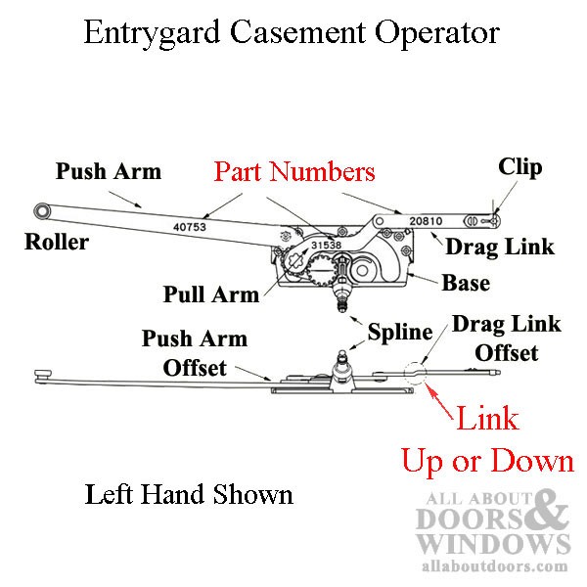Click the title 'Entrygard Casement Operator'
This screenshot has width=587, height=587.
[292, 33]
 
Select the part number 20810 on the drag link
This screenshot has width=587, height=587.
[427, 221]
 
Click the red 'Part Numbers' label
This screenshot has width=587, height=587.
[294, 173]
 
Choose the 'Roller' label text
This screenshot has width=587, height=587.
[57, 243]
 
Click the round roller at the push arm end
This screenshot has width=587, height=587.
[42, 210]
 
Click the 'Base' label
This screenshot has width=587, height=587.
[466, 284]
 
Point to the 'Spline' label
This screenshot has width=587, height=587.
[400, 333]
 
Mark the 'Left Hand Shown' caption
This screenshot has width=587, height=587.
[189, 495]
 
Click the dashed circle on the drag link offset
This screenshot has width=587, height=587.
[415, 373]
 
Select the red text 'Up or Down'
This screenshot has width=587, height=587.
[488, 460]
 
